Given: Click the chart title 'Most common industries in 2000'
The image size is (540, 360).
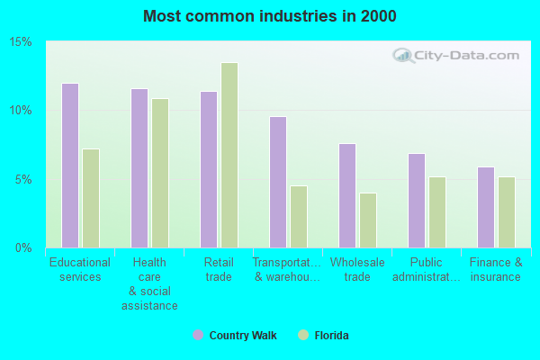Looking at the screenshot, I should [x=269, y=16].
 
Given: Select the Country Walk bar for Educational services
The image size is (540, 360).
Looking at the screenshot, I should [x=70, y=166].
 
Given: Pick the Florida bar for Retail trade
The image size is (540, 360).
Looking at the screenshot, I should [x=229, y=155].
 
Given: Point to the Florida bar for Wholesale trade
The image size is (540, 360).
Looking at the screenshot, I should [x=368, y=220].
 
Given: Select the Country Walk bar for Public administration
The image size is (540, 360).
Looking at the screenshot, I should [x=417, y=201].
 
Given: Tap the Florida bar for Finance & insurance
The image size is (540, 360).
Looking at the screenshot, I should [x=507, y=212].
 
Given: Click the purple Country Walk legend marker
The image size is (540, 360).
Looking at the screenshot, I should [x=198, y=335].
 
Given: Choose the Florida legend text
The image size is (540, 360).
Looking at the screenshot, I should [x=331, y=336].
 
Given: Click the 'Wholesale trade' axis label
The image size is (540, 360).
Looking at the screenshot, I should [x=357, y=270].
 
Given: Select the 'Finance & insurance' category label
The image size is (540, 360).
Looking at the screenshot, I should [x=495, y=270].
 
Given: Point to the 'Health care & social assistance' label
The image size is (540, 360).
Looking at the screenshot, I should [x=149, y=284].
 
